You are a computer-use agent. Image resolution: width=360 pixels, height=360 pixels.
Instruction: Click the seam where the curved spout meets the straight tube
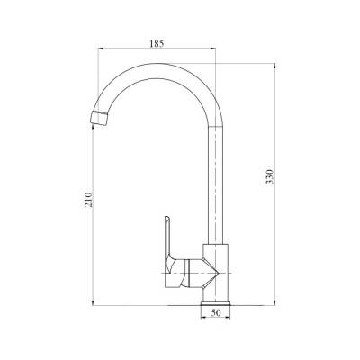[216, 126]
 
